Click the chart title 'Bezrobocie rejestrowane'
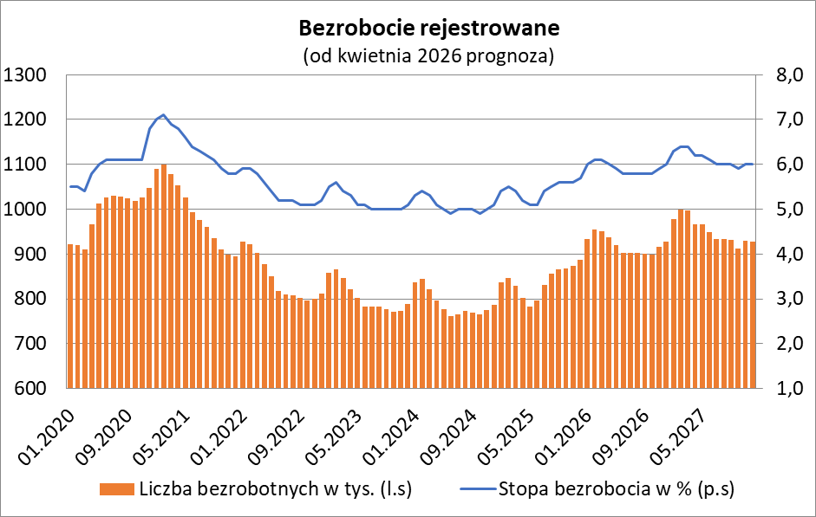coord(428,28)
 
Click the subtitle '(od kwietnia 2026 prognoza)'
coord(428,56)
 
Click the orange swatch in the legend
coord(117,490)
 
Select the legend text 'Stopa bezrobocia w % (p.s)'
coord(617,489)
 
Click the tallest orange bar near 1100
coord(164,277)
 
